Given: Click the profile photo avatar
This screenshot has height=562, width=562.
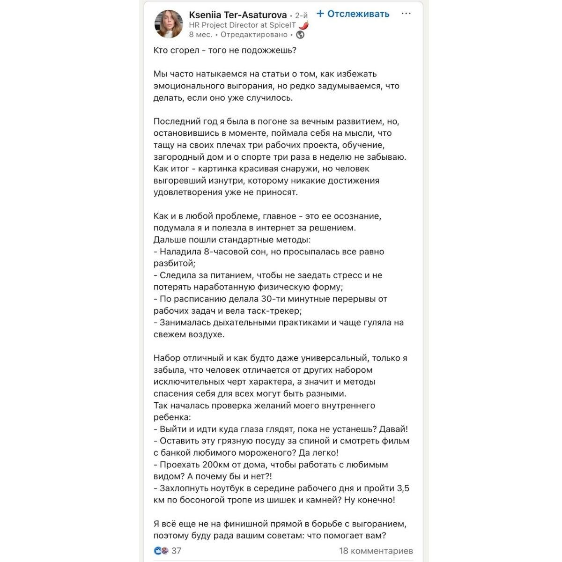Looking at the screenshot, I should [x=169, y=24].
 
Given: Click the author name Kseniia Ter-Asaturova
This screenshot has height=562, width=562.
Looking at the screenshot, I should [x=238, y=15].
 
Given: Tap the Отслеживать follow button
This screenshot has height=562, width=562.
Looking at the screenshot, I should [x=353, y=14].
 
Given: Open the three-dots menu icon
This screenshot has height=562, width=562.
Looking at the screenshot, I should [x=406, y=14].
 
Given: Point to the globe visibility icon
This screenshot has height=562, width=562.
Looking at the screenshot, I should [x=301, y=35].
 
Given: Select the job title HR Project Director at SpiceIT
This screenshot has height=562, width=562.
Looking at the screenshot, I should [x=242, y=25].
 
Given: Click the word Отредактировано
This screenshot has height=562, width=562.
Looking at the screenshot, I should [x=254, y=35].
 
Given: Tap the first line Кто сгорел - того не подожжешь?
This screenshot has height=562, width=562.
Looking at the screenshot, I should [x=225, y=51].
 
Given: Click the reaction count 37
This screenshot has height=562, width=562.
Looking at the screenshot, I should [x=177, y=551].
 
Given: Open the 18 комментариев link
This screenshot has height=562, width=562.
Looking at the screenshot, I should [x=376, y=551].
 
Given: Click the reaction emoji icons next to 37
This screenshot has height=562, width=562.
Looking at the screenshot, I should [x=161, y=551].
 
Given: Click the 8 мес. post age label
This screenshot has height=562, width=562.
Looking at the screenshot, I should [x=200, y=35].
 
